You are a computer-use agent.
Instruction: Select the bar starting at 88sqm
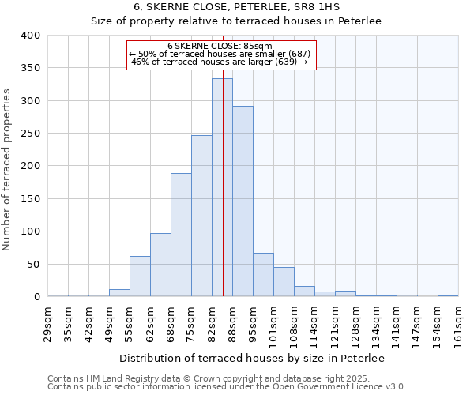tap(243, 201)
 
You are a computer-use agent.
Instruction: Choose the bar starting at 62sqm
tap(160, 265)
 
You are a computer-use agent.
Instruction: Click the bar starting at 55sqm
tap(140, 276)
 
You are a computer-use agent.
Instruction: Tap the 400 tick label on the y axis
tap(30, 36)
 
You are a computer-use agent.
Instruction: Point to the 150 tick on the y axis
tap(30, 199)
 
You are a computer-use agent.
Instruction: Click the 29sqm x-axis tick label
tap(48, 324)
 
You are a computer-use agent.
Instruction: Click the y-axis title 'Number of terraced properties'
tap(8, 170)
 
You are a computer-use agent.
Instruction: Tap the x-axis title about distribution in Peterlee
tap(251, 359)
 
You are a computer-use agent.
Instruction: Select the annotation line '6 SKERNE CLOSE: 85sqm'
tap(220, 46)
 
